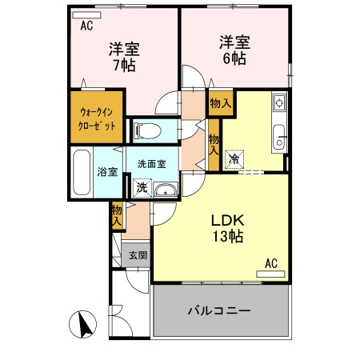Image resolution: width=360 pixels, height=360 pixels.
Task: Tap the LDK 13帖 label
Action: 226,228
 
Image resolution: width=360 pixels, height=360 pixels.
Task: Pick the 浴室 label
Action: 107,171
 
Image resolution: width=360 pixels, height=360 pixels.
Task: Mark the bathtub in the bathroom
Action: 82,170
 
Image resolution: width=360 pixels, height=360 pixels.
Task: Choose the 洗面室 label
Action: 151,164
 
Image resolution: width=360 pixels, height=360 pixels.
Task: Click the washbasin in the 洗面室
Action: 165,190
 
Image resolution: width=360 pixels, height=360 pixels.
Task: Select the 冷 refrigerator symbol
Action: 234,159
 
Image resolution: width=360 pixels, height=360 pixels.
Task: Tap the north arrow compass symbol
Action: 83,325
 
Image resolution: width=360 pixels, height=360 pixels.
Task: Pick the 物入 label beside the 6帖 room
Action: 220,103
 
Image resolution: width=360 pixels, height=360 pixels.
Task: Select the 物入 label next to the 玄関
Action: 117,214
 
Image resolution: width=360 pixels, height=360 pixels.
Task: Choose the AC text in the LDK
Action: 270,262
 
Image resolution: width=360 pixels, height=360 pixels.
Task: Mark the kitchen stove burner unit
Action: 278,102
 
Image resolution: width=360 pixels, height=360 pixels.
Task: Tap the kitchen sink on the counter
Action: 279,137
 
